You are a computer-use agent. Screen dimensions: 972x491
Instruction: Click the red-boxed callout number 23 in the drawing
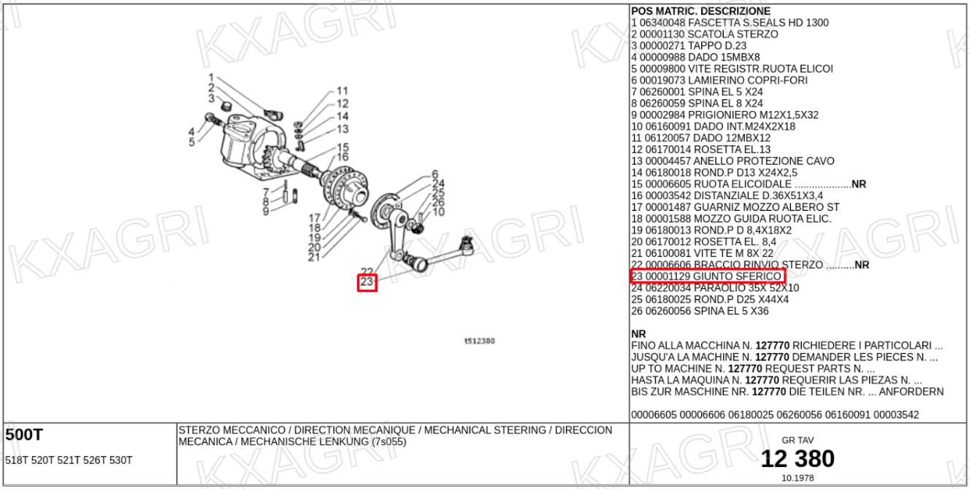pos(367,282)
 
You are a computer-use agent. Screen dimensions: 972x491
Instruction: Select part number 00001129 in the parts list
pos(667,277)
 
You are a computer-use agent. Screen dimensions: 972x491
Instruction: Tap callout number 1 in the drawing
pos(211,77)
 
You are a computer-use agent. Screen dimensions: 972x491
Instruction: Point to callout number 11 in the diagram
pos(343,91)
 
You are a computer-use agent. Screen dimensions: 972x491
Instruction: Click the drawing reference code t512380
pos(480,341)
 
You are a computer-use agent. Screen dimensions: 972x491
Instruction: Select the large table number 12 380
pos(797,459)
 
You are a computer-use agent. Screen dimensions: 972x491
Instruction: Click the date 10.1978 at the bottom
pos(797,478)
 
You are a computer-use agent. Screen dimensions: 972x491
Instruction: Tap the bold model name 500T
pos(24,435)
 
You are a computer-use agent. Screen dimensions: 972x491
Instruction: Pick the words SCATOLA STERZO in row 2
pos(733,34)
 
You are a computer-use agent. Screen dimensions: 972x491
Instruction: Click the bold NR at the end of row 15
pos(859,184)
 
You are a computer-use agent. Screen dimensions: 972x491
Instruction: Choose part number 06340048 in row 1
pos(662,23)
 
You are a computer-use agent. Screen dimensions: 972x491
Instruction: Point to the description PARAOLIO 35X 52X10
pos(746,288)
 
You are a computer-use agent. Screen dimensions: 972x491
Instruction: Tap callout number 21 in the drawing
pos(314,258)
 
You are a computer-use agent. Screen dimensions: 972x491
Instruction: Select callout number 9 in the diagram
pos(266,212)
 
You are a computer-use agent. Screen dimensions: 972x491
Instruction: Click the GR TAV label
pos(797,441)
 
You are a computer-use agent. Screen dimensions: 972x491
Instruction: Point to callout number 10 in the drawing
pos(438,212)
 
